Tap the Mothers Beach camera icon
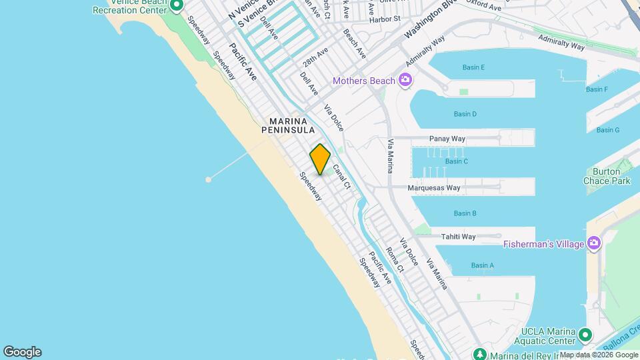[405, 81]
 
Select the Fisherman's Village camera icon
[593, 243]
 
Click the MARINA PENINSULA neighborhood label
[289, 125]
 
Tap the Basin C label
[457, 161]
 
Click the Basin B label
[465, 213]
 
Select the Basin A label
[483, 265]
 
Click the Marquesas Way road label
[435, 188]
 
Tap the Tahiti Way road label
[458, 237]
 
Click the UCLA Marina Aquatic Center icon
[585, 334]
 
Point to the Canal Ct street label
[341, 177]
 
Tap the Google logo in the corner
[22, 352]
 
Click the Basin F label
[597, 89]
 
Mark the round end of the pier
[209, 179]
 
